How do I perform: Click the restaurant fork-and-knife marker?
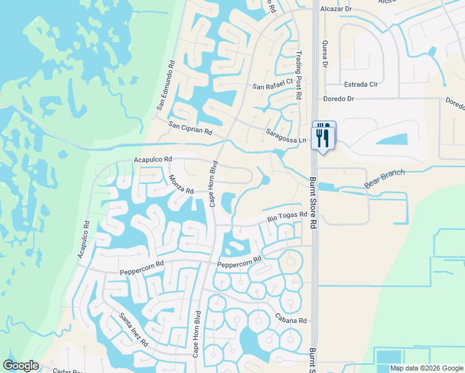coord(323,136)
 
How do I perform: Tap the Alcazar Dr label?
coord(336,10)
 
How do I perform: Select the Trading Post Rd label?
coord(299,76)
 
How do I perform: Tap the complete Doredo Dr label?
coord(338,99)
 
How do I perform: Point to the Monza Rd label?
coord(182,183)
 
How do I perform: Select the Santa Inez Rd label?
coord(134,329)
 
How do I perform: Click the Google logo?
coord(21,365)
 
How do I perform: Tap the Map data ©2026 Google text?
coord(426,368)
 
